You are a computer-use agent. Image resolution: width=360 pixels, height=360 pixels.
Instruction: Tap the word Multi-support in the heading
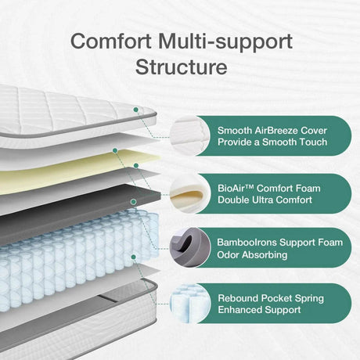(x=226, y=40)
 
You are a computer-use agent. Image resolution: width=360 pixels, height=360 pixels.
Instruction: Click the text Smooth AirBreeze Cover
(x=272, y=130)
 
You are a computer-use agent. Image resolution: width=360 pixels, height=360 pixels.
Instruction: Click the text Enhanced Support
(x=261, y=311)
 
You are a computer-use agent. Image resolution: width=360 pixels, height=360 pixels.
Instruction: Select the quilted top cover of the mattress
(x=63, y=110)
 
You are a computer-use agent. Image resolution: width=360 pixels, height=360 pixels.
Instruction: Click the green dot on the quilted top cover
(x=135, y=110)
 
